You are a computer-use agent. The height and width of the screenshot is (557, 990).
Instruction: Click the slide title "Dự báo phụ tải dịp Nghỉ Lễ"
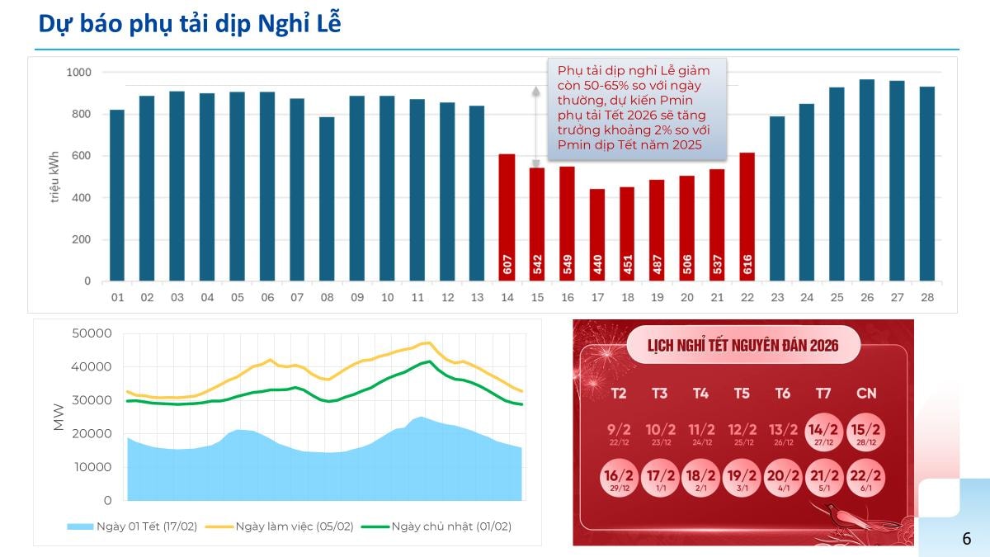tap(190, 25)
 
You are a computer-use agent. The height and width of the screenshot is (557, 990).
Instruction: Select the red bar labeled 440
tap(596, 235)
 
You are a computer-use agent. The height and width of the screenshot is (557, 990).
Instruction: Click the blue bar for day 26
tap(867, 182)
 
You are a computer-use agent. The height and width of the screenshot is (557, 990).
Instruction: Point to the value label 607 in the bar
tap(507, 264)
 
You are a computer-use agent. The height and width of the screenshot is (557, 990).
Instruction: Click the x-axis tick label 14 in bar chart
tap(507, 297)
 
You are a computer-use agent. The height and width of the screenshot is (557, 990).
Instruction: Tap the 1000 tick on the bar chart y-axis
tap(78, 73)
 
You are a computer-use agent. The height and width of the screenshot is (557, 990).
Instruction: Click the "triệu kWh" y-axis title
tap(54, 177)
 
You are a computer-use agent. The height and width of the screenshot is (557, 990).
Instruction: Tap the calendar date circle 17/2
tap(660, 479)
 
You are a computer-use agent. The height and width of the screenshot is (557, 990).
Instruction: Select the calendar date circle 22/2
tap(865, 479)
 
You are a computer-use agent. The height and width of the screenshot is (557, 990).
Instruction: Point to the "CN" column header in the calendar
tap(865, 394)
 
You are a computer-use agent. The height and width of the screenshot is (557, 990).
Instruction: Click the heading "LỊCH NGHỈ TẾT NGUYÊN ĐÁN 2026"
tap(743, 345)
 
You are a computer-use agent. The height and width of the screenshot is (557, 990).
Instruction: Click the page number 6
tap(966, 539)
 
